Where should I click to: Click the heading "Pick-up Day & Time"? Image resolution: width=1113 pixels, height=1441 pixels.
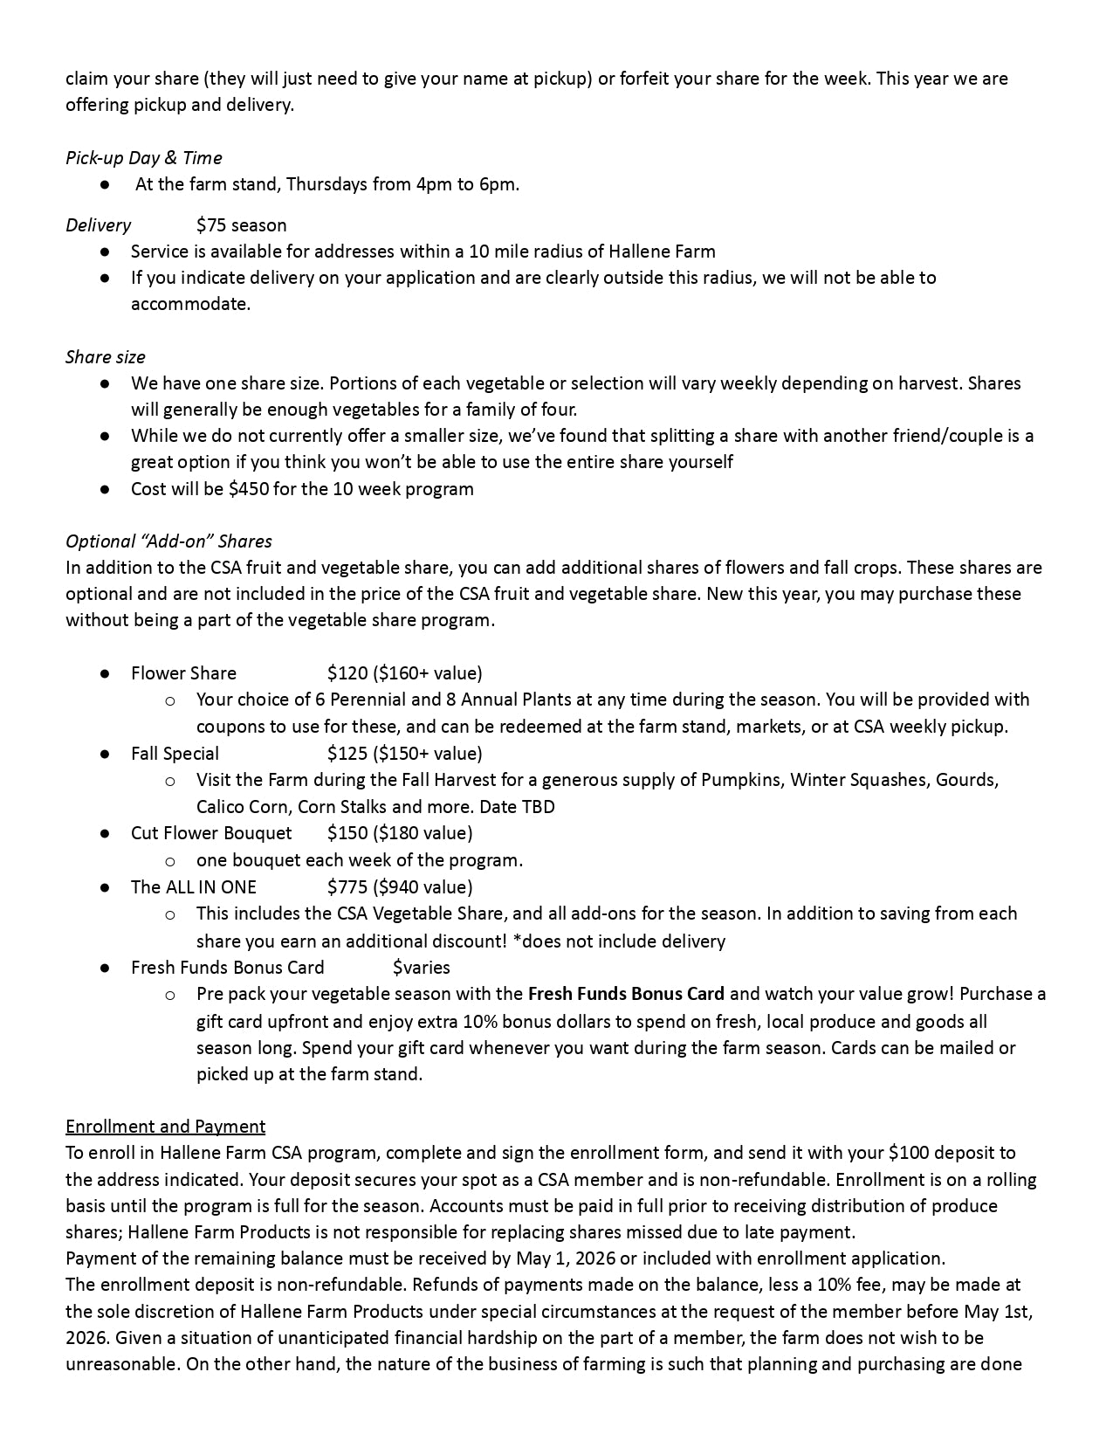point(144,158)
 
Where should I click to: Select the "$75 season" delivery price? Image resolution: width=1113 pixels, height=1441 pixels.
point(242,225)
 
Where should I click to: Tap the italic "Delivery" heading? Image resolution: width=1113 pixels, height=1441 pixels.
point(98,225)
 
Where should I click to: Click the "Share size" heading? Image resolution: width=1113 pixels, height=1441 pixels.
point(106,357)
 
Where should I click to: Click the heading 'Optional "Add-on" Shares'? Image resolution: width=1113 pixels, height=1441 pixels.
point(168,541)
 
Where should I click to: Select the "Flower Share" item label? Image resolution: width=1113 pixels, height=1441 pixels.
point(183,673)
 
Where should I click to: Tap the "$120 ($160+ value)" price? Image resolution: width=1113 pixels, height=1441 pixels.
point(404,673)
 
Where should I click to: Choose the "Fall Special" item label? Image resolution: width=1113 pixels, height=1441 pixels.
point(175,754)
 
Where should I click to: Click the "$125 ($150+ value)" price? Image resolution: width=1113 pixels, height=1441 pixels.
point(404,754)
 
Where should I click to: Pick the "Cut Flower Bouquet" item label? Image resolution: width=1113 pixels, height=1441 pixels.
point(211,833)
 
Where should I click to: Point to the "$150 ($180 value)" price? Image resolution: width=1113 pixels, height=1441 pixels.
point(400,833)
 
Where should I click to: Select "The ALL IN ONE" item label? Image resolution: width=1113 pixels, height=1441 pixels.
point(194,887)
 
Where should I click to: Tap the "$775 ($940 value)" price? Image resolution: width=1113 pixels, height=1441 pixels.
point(400,887)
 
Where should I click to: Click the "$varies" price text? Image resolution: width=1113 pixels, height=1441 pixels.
point(422,968)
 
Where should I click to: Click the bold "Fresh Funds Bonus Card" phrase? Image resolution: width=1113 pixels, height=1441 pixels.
point(626,994)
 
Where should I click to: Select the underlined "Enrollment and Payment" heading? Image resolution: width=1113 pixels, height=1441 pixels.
point(166,1127)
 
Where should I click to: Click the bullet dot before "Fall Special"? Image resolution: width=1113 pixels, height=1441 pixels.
point(105,754)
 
